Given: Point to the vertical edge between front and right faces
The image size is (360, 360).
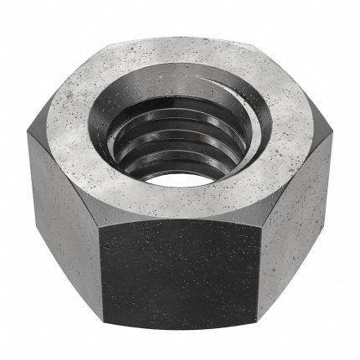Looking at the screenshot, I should tap(255, 276).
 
